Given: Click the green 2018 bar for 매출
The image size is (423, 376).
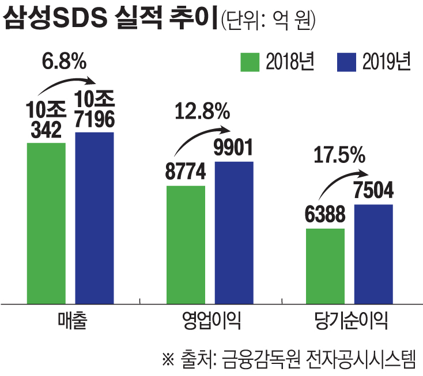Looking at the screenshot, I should (x=46, y=222).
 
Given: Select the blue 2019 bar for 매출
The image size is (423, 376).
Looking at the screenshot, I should (x=94, y=217).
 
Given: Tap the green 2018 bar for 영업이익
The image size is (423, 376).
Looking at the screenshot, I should (x=186, y=244).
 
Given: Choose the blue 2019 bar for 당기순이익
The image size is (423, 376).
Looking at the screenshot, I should (x=373, y=253).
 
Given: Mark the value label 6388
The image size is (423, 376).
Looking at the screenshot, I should (x=325, y=216).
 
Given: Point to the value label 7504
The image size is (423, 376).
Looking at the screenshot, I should (x=373, y=191).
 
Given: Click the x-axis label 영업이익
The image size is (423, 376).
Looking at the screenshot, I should (x=209, y=321).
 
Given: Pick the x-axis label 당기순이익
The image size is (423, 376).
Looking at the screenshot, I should (x=350, y=321).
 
